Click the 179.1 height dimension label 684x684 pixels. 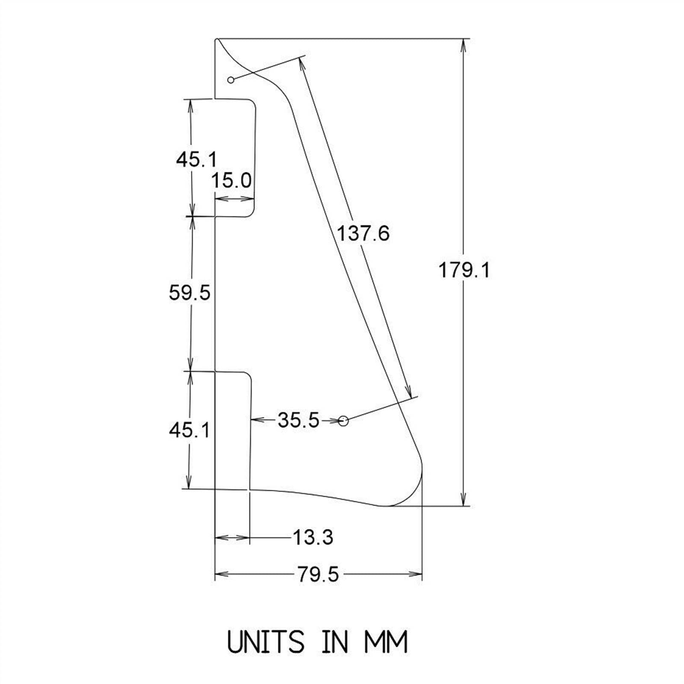464,270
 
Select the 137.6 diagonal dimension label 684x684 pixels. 363,234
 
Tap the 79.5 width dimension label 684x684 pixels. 318,574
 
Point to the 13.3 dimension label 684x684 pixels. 313,537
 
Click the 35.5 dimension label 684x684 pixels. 298,420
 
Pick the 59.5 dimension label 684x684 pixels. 190,293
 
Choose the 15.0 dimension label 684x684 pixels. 232,181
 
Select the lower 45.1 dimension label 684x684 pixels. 190,430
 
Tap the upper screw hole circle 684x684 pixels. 231,80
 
